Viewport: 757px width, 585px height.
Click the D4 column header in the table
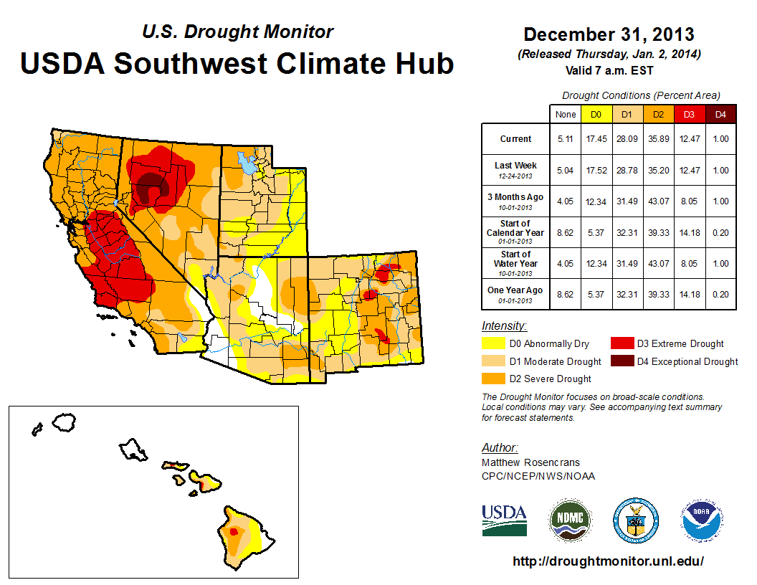720,114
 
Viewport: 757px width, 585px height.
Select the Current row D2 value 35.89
657,139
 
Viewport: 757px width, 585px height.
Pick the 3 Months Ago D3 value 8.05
689,201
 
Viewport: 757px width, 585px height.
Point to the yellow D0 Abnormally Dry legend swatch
493,343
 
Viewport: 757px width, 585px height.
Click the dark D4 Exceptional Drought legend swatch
622,361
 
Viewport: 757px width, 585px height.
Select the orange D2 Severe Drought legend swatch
493,379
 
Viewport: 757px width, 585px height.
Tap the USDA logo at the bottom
504,520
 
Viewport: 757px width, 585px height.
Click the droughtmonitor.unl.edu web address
608,561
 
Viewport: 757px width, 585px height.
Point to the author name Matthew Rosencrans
530,462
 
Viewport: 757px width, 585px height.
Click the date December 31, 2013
609,34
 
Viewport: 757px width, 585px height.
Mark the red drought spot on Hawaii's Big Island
233,532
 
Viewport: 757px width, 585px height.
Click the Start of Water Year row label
515,263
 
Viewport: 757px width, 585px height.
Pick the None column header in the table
565,114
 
